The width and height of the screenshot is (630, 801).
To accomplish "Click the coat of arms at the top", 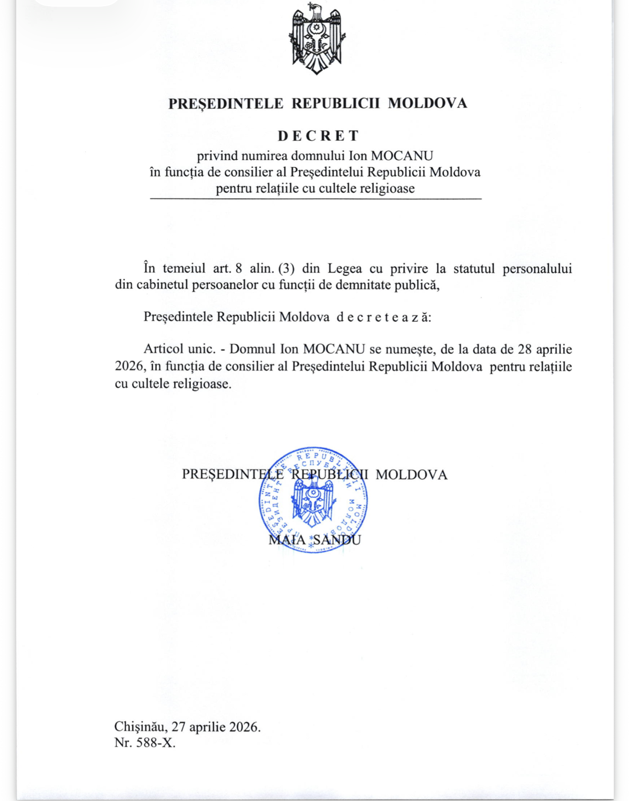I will point(316,39).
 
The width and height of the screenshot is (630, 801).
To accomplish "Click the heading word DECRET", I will point(318,136).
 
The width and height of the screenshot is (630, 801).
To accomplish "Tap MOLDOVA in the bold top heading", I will point(427,103).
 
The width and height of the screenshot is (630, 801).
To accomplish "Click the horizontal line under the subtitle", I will point(315,198).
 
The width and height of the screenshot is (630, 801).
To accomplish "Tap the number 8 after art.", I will point(239,268).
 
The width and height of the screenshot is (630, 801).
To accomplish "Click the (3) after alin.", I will point(286,268).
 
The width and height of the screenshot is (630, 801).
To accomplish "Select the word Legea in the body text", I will point(345,268).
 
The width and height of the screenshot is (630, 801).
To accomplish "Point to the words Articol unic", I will point(179,349).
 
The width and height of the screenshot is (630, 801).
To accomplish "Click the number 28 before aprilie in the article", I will point(525,349).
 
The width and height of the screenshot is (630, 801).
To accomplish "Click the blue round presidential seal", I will point(313,500).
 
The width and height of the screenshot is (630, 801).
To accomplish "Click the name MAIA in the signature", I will point(287,540).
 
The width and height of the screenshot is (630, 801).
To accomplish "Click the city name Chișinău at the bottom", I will point(140,727).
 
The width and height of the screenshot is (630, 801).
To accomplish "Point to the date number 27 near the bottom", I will point(178,727).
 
